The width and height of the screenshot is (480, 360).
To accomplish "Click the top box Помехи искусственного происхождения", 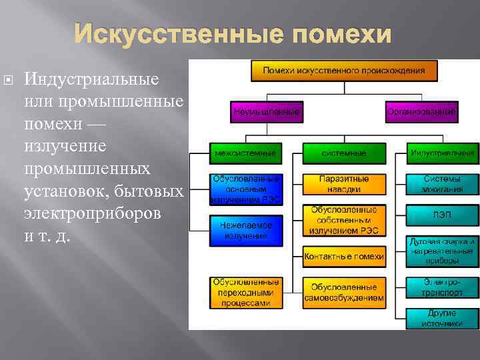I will (x=344, y=70).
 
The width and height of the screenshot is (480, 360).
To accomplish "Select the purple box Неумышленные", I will (x=266, y=112).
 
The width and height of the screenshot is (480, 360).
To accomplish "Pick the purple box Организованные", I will (x=421, y=112).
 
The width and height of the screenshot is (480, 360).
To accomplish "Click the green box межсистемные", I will (x=245, y=153).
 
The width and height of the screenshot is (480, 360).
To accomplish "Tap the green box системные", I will (x=343, y=153).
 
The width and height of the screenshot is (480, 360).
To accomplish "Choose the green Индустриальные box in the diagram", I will (x=442, y=153).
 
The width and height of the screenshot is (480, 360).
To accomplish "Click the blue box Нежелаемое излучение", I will (x=245, y=230).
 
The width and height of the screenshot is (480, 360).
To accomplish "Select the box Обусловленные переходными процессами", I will (x=245, y=292).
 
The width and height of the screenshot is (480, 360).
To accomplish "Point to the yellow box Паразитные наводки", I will (x=343, y=184).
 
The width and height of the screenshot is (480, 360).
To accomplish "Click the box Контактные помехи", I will (x=343, y=255).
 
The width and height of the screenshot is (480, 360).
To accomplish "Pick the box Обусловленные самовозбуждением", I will (x=343, y=292).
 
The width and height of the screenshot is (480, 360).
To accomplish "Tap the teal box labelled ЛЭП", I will (x=442, y=215).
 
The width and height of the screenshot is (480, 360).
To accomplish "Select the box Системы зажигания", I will (x=442, y=184).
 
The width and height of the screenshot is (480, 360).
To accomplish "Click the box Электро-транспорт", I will (x=442, y=287).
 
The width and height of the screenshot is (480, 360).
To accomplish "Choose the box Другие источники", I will (x=442, y=318).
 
